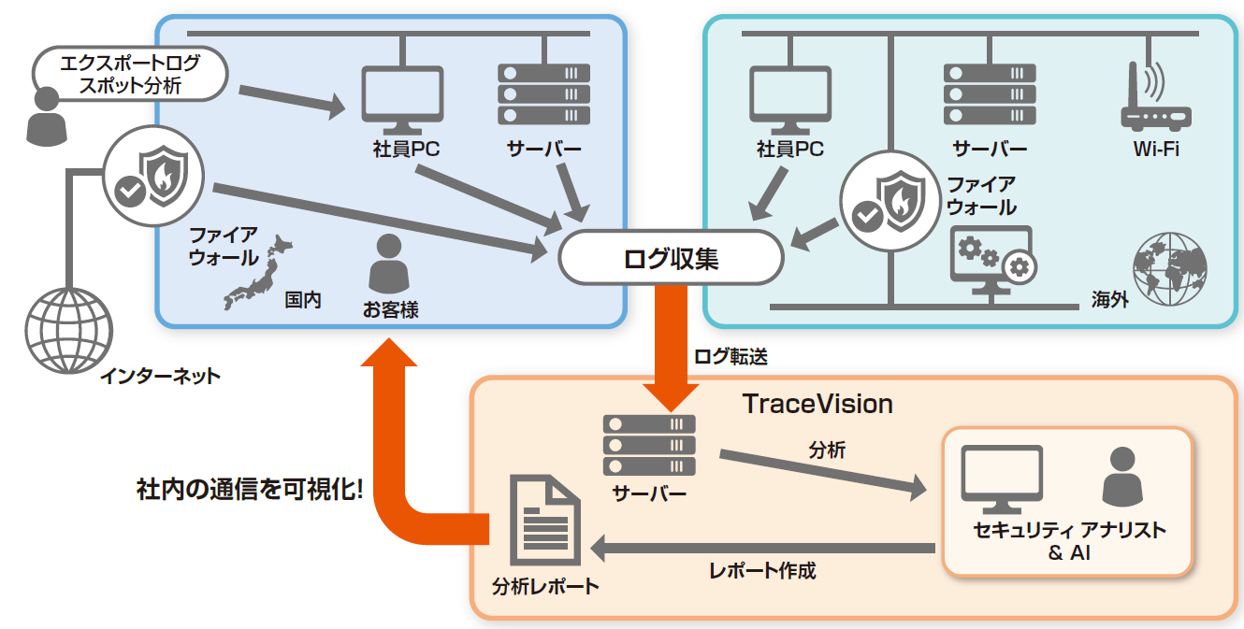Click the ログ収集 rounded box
tap(670, 257)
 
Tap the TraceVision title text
tap(817, 404)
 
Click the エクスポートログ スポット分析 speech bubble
tap(130, 76)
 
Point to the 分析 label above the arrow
tap(827, 450)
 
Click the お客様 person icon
tap(389, 264)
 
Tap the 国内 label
tap(303, 301)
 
